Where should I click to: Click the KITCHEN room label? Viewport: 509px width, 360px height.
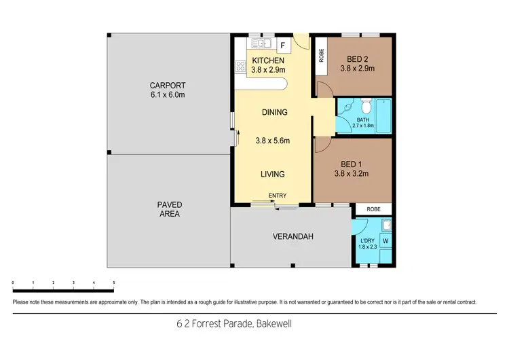click(x=267, y=60)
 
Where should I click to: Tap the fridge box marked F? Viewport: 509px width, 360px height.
click(x=283, y=45)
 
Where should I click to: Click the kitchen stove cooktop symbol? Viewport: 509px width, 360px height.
click(x=240, y=66)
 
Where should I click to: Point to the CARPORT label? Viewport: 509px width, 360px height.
click(x=168, y=86)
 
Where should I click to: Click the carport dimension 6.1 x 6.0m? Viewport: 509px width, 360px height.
click(x=168, y=95)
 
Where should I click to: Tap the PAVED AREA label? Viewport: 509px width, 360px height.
click(x=170, y=209)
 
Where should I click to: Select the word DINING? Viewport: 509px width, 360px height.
click(x=274, y=112)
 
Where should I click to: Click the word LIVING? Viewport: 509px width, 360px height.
click(x=274, y=175)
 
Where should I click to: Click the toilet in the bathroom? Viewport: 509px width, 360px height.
click(x=365, y=105)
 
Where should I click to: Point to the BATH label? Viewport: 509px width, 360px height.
click(x=362, y=120)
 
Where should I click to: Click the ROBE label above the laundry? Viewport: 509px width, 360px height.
click(x=374, y=209)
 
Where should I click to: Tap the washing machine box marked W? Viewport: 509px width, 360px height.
click(x=385, y=240)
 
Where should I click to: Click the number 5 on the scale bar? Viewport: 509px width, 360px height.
click(x=113, y=282)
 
